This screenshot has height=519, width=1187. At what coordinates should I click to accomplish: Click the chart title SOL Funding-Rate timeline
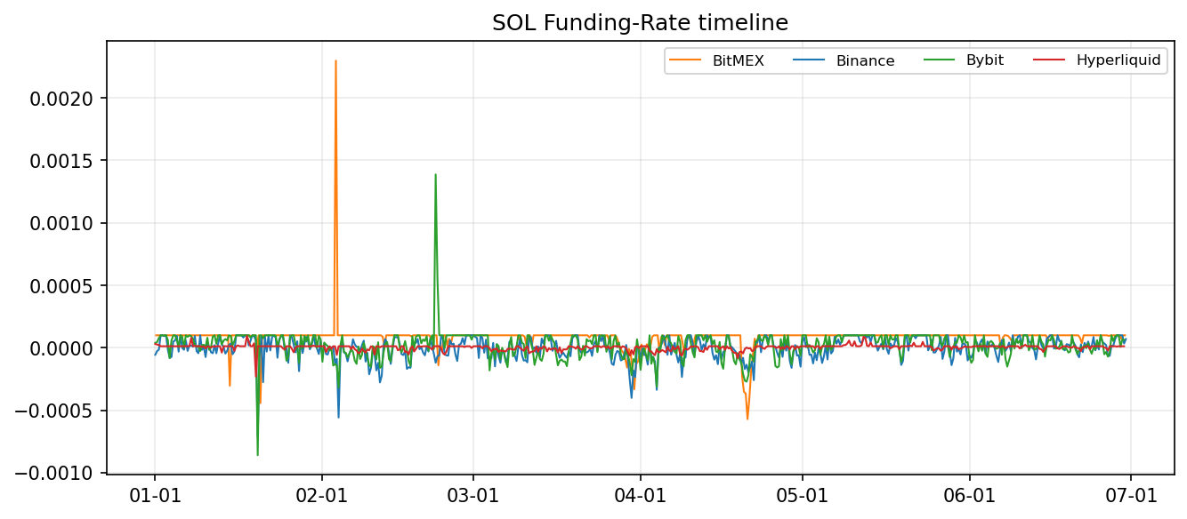[640, 23]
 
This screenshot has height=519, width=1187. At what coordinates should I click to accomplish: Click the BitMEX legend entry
[738, 60]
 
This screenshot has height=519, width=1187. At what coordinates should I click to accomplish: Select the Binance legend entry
[865, 60]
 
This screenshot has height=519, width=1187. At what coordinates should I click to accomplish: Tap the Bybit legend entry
[984, 60]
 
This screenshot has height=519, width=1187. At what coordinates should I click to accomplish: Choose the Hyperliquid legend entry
[1118, 60]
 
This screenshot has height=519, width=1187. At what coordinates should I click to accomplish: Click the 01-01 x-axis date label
[155, 494]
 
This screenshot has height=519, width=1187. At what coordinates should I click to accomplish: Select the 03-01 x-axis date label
[473, 494]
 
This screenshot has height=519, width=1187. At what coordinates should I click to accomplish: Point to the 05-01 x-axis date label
[803, 494]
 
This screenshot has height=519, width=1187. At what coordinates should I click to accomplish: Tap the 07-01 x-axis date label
[1131, 494]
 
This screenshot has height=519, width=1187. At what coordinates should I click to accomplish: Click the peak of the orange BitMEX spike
[335, 60]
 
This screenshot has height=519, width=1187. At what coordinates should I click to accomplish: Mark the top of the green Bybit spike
[435, 174]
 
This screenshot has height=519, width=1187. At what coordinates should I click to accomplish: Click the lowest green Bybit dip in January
[258, 455]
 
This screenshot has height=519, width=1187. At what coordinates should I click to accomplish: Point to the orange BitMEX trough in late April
[747, 419]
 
